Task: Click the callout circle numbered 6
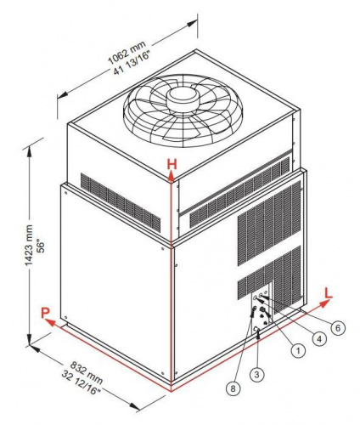point(338,328)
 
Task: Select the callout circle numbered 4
point(319,338)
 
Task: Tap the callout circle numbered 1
point(298,351)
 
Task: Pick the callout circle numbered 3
point(256,375)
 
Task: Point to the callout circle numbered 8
point(233,388)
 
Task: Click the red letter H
point(172,164)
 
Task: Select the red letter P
point(45,313)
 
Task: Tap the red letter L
point(329,293)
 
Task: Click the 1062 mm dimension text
point(127,53)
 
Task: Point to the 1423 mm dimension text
point(29,246)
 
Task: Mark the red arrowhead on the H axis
point(172,176)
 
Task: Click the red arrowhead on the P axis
point(51,322)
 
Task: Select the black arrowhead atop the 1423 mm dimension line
point(29,151)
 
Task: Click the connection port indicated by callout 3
point(256,328)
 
